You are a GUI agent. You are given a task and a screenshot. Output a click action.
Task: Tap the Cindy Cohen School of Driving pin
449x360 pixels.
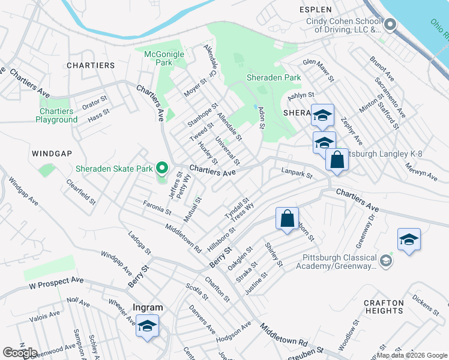click(390, 25)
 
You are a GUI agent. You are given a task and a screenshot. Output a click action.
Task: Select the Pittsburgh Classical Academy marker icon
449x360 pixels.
click(385, 262)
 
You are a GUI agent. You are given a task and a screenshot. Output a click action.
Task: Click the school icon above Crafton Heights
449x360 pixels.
click(409, 239)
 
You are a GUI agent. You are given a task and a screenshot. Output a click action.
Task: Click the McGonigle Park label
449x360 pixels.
click(164, 58)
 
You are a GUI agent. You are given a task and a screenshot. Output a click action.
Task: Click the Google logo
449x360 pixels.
click(20, 352)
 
